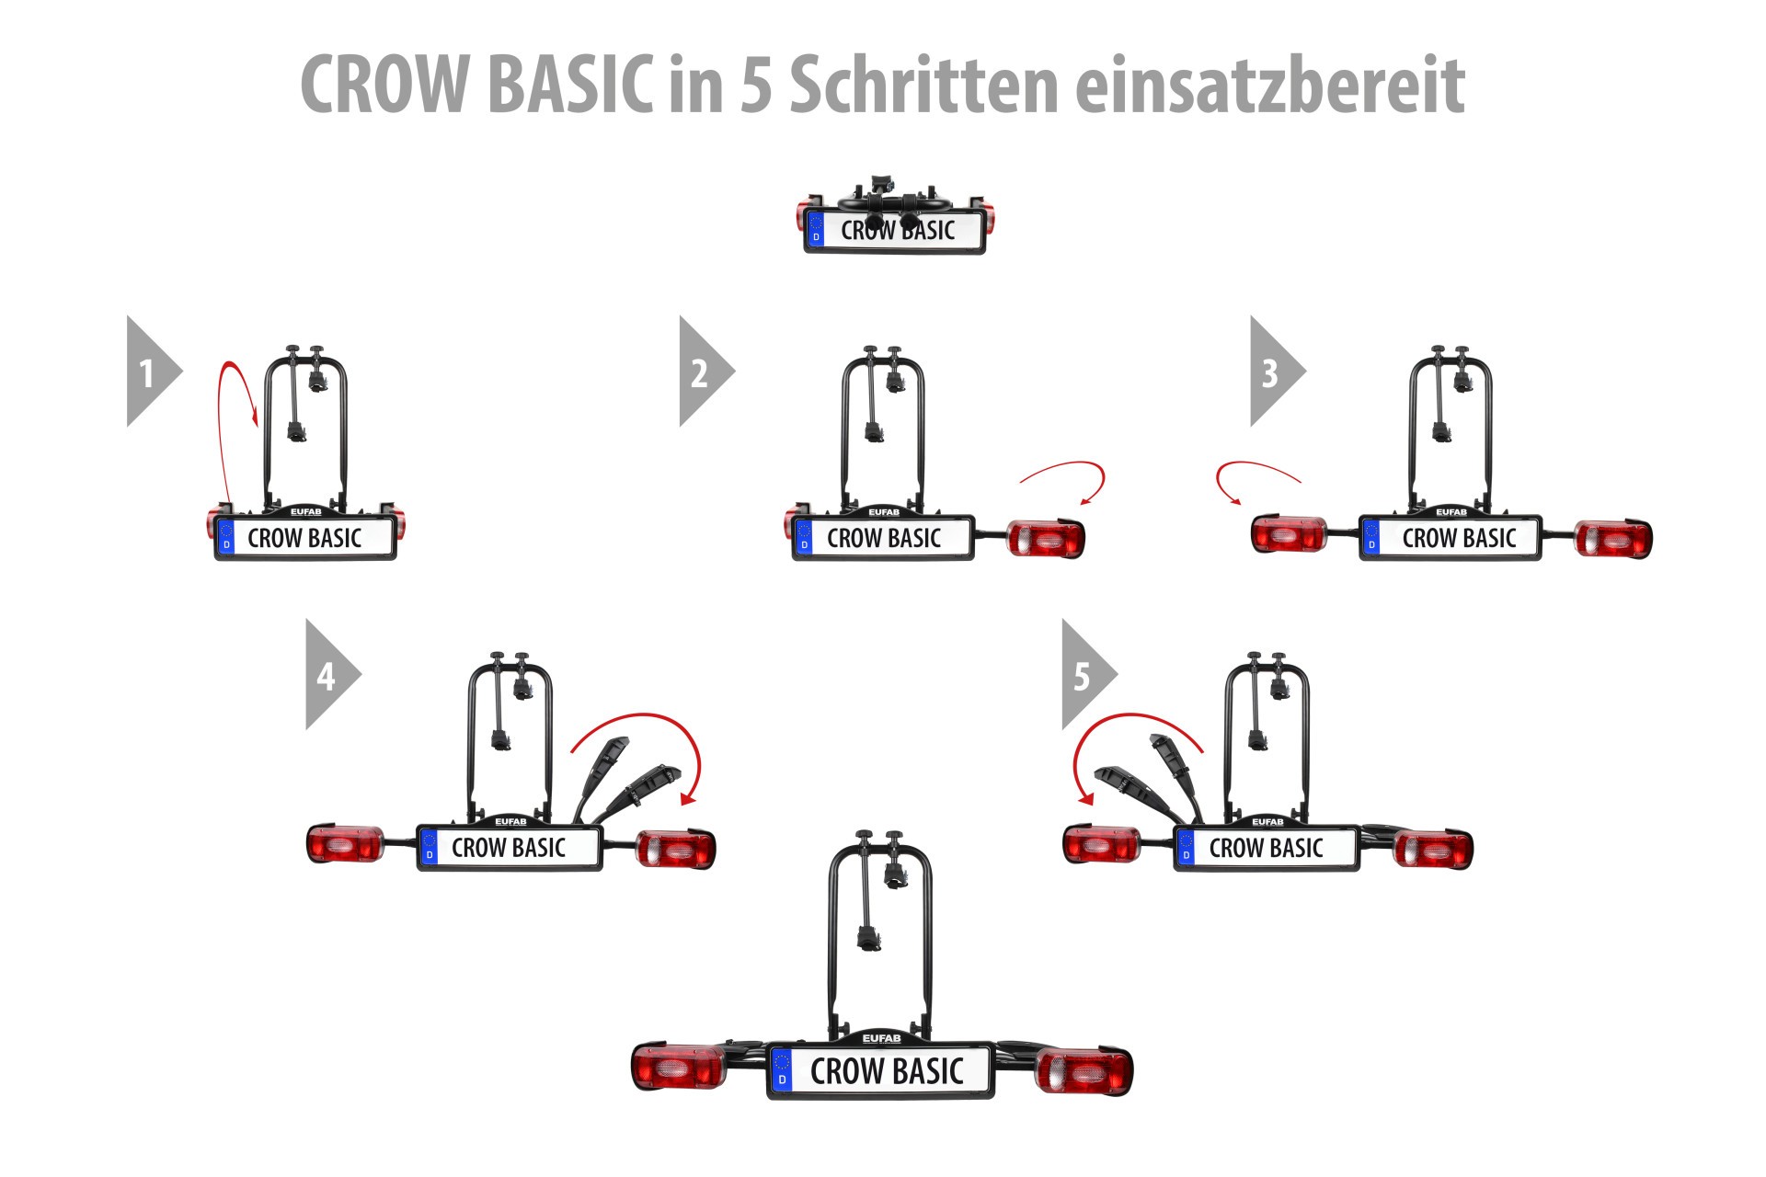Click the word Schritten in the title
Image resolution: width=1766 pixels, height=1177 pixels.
[x=924, y=84]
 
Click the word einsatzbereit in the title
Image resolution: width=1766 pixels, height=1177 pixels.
[x=1269, y=84]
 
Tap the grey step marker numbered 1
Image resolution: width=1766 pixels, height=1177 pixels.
[x=154, y=371]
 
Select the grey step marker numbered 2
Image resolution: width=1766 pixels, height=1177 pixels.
[x=706, y=371]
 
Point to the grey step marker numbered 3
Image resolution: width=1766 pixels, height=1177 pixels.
[x=1278, y=371]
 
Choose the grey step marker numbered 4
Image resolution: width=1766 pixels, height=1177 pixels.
[x=333, y=674]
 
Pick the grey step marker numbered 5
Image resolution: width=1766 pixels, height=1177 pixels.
[x=1089, y=674]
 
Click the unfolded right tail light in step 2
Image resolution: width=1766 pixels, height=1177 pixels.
[x=1047, y=538]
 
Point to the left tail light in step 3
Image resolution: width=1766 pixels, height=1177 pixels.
[x=1290, y=534]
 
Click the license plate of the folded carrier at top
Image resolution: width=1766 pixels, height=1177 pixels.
[x=895, y=230]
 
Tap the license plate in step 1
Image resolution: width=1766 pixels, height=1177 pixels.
[x=305, y=538]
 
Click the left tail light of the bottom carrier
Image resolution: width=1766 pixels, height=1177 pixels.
[x=680, y=1068]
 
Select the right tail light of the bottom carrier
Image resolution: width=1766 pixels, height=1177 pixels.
[x=1084, y=1071]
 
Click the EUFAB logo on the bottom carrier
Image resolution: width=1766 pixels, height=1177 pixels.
[x=881, y=1038]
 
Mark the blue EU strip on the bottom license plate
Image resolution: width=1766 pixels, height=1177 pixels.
[x=782, y=1071]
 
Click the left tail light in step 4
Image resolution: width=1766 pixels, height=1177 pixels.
[x=345, y=844]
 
